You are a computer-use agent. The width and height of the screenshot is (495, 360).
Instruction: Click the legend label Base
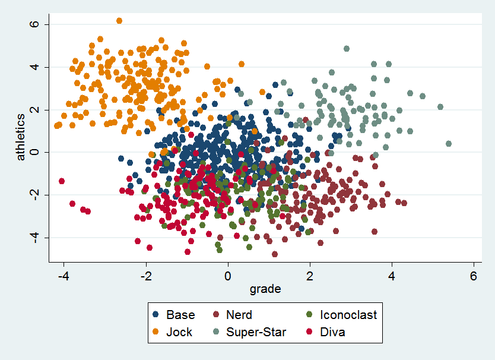[180, 315]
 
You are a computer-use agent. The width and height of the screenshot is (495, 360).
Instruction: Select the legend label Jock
[179, 332]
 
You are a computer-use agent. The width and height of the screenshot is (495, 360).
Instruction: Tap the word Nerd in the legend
[239, 315]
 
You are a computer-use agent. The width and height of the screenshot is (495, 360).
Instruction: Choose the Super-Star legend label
[256, 332]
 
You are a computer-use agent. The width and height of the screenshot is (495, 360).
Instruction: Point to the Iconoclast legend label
[348, 315]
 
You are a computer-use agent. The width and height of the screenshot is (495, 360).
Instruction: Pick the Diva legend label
[332, 332]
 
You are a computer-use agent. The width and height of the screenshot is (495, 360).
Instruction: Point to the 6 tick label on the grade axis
[474, 276]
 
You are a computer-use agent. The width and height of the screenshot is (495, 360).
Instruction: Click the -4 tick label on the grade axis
[64, 276]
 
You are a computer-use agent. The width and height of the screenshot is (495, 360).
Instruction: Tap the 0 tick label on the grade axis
[228, 276]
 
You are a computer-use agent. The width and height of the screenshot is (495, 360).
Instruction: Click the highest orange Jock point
[119, 21]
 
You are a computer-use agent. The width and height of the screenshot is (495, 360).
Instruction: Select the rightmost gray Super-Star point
[449, 144]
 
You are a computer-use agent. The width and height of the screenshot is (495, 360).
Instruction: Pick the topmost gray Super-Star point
[347, 49]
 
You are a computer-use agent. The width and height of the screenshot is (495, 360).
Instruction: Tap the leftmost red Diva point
[62, 181]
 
